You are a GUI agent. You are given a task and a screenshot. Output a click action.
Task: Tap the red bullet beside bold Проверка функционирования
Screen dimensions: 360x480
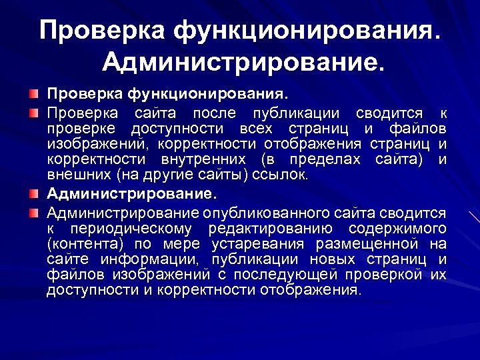coord(34,90)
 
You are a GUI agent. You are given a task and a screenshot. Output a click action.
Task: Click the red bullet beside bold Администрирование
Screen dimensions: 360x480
coord(34,195)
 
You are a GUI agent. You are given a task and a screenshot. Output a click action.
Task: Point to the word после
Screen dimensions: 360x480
coord(212,112)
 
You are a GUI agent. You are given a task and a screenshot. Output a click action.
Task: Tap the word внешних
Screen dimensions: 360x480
coord(79,175)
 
